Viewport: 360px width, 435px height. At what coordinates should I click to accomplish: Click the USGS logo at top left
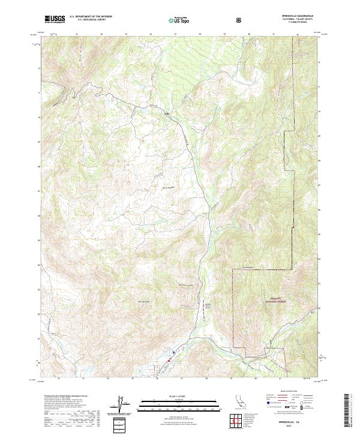click(55, 20)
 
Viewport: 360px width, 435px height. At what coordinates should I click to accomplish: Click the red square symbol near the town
click(170, 360)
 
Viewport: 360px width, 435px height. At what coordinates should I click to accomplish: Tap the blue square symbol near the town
click(174, 352)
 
